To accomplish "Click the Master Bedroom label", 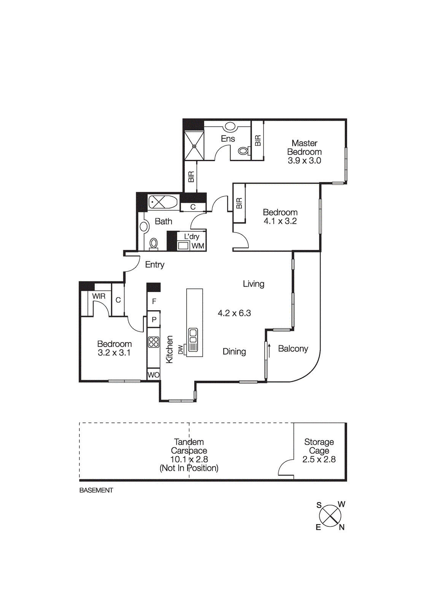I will (x=304, y=147).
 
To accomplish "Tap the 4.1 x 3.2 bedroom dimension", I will (x=280, y=221).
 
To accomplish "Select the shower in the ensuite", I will (x=194, y=145).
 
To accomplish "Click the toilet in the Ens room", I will (x=243, y=151).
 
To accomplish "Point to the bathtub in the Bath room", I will (x=163, y=202).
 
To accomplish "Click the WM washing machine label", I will (x=198, y=246).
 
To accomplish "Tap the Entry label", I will (x=155, y=265).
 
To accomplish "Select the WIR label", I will (x=99, y=296).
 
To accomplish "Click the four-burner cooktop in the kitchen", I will (x=154, y=342).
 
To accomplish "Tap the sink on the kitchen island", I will (x=193, y=335).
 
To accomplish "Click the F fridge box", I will (x=154, y=301).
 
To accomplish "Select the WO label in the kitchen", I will (x=154, y=375).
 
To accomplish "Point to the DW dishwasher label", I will (x=181, y=349).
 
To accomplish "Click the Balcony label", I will (x=293, y=349).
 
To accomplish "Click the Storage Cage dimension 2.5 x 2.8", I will (x=319, y=459).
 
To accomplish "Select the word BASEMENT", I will (x=96, y=490).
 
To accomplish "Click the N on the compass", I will (x=341, y=527).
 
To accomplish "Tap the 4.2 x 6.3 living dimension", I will (x=234, y=313).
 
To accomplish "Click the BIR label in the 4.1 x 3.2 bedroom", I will (x=239, y=203).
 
